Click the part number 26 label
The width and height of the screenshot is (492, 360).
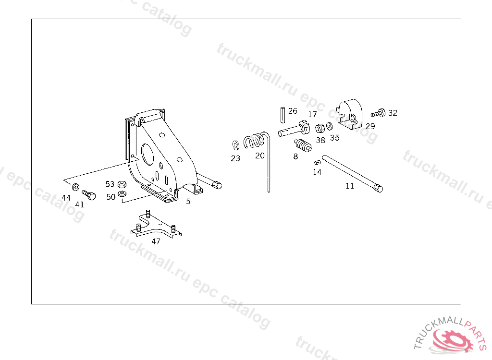pyautogui.click(x=293, y=111)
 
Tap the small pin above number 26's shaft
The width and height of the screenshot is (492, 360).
pyautogui.click(x=283, y=114)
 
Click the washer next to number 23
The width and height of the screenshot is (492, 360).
pyautogui.click(x=235, y=144)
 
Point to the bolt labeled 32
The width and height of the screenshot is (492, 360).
pyautogui.click(x=378, y=113)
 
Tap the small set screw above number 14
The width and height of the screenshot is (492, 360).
pyautogui.click(x=317, y=162)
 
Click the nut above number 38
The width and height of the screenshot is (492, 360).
pyautogui.click(x=319, y=128)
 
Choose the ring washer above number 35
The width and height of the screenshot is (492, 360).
pyautogui.click(x=330, y=127)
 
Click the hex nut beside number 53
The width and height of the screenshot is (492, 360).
pyautogui.click(x=122, y=184)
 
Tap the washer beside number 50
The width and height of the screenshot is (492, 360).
pyautogui.click(x=122, y=194)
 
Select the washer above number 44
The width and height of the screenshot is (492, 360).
pyautogui.click(x=76, y=186)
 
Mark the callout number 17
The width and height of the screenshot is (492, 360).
pyautogui.click(x=313, y=114)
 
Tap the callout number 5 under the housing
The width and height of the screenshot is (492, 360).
pyautogui.click(x=188, y=202)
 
